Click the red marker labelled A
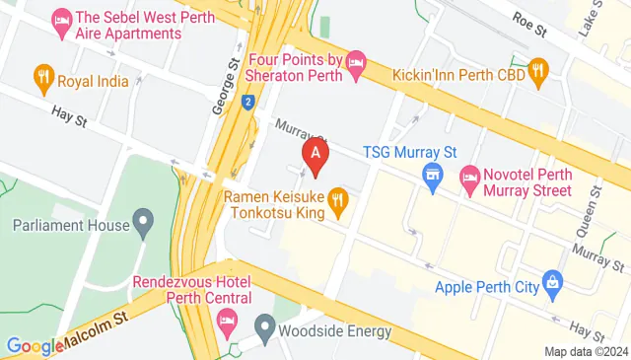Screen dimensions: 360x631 coord(315,154)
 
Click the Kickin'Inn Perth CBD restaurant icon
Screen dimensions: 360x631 coord(537,69)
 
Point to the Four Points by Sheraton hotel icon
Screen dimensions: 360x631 coord(356,62)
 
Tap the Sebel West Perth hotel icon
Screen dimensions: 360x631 coord(61,18)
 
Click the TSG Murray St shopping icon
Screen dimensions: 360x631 coord(430,179)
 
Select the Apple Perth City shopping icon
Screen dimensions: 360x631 coord(553,287)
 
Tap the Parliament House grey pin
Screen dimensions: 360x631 coord(143,225)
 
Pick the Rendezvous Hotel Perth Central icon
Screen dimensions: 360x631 coord(228,319)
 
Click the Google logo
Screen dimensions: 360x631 coord(35,346)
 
